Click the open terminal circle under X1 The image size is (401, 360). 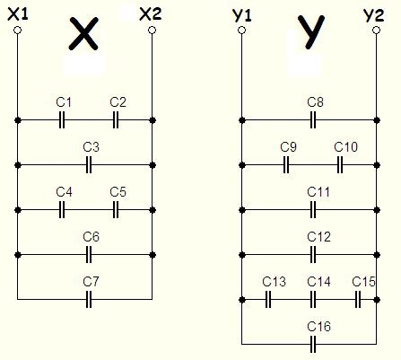18,31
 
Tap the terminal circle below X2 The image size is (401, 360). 153,31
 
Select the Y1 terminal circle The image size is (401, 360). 242,31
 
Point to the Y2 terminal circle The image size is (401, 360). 377,31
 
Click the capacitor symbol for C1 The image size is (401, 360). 62,120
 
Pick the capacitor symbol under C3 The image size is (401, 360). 89,165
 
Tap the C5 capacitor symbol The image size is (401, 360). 116,210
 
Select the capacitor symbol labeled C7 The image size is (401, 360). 89,299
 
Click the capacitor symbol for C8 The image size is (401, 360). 313,120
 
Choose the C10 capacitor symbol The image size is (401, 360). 340,165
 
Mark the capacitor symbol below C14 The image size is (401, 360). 313,300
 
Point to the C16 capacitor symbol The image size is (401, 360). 313,344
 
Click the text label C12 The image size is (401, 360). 318,237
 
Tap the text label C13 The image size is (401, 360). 274,282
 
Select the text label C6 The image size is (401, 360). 92,237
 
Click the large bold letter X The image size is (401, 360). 83,33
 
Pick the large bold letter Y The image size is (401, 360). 311,31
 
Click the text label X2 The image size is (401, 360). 151,14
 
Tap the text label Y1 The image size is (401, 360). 241,15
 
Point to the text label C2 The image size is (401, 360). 118,102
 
